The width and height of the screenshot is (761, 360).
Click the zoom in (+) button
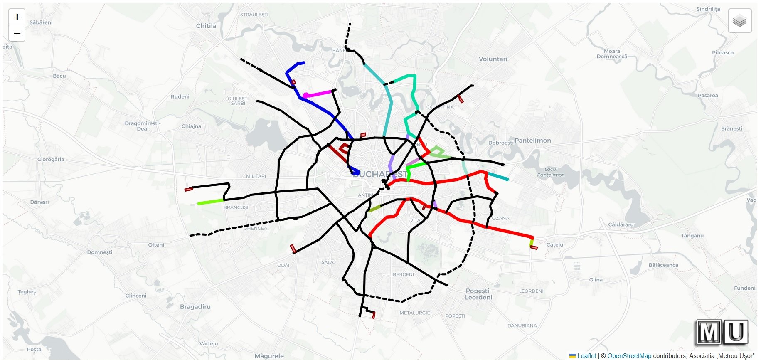point(17,17)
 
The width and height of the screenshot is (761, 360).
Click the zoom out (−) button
point(17,33)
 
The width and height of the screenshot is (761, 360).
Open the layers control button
point(739,20)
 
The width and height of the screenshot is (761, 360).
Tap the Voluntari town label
point(493,59)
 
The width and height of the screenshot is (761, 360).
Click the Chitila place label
point(206,26)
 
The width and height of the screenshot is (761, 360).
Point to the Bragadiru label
point(195,307)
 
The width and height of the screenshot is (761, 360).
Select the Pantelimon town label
point(533,141)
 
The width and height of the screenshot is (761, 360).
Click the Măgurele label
point(269,356)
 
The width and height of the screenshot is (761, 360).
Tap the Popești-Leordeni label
point(478,294)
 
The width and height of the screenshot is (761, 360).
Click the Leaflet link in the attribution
point(586,356)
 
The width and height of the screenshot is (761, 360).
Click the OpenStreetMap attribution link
point(629,356)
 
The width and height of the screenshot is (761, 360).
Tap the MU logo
point(722,332)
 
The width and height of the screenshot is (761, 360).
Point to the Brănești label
point(732,128)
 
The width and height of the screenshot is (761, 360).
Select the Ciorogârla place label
point(51,160)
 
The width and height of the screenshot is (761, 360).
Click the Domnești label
point(100,252)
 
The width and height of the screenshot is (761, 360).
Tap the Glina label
point(596,280)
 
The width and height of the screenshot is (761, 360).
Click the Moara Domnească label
point(612,54)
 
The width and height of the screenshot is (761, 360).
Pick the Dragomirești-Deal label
point(143,126)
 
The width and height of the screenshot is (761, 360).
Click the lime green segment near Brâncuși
point(211,202)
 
